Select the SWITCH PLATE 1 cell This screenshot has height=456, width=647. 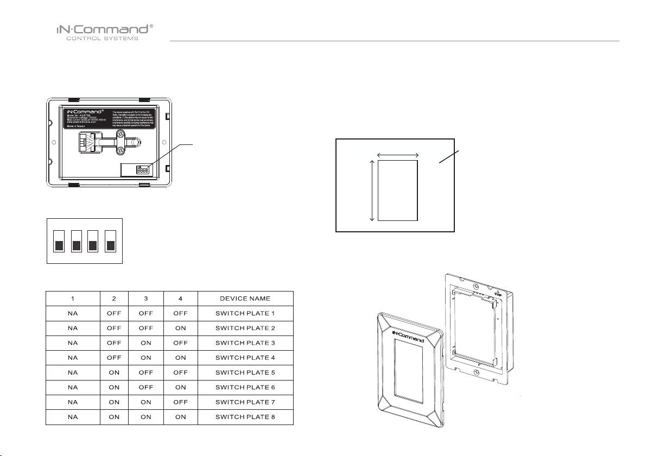pyautogui.click(x=245, y=314)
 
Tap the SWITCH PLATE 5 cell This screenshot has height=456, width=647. pyautogui.click(x=245, y=372)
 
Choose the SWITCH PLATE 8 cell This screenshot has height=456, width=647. pyautogui.click(x=245, y=417)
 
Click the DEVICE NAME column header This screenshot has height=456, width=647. pyautogui.click(x=245, y=299)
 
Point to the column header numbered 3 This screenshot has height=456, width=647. pyautogui.click(x=145, y=299)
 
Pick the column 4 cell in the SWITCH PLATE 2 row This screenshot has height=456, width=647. pyautogui.click(x=180, y=328)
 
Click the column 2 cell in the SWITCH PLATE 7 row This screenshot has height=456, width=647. pyautogui.click(x=114, y=402)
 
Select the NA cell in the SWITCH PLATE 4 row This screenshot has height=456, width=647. pyautogui.click(x=73, y=358)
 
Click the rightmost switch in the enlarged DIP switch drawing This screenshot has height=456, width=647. pyautogui.click(x=111, y=241)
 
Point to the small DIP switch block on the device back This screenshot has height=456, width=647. pyautogui.click(x=143, y=169)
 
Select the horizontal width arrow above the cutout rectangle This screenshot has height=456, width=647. pyautogui.click(x=398, y=156)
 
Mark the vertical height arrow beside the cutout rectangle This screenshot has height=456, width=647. pyautogui.click(x=372, y=190)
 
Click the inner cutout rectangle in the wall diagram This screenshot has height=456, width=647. pyautogui.click(x=398, y=190)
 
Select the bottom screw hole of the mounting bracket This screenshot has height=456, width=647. pyautogui.click(x=475, y=372)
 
